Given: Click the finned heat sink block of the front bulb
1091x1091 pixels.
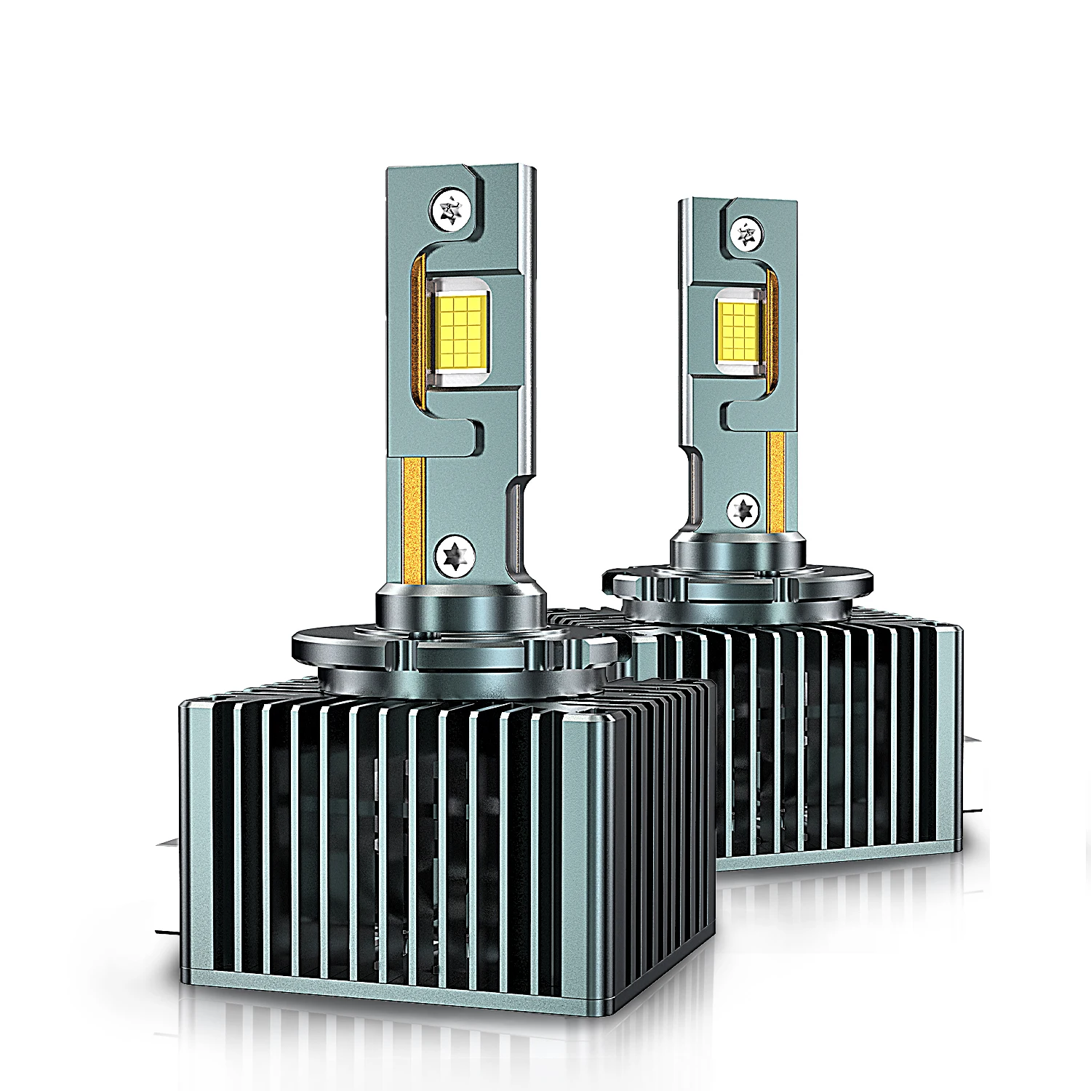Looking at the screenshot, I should click(x=436, y=836).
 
